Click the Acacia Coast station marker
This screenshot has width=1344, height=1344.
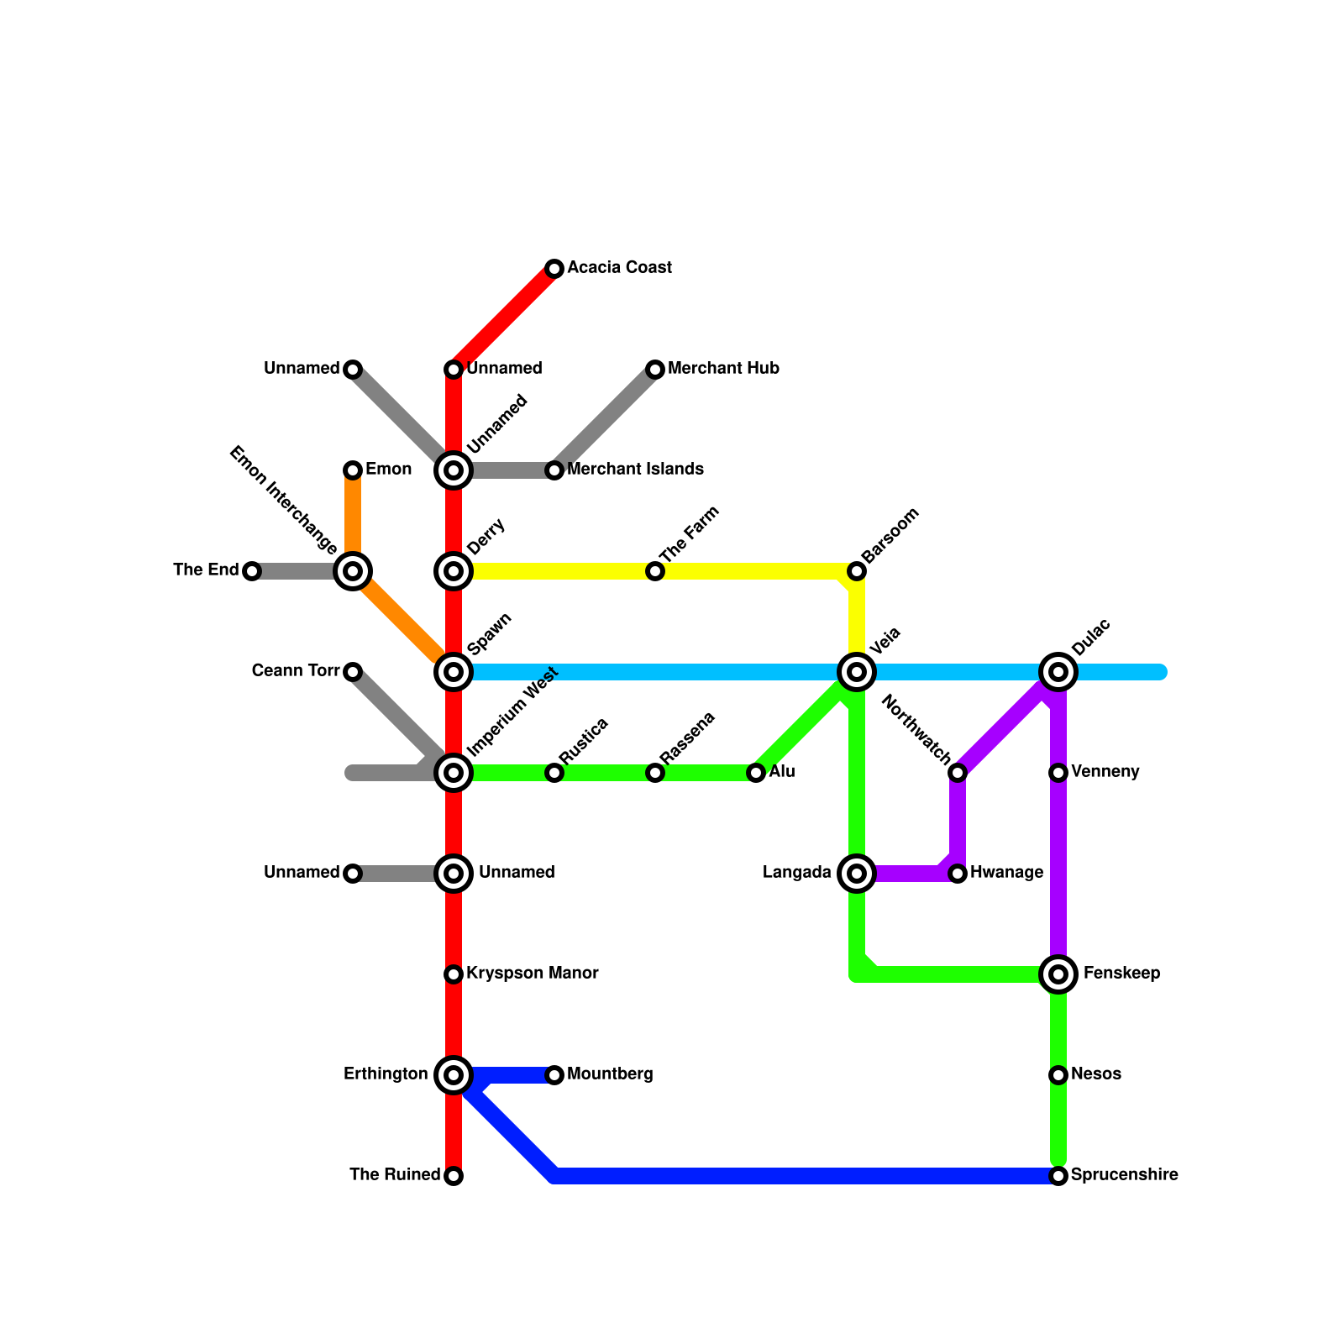click(x=554, y=269)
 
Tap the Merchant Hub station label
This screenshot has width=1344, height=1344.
click(x=723, y=369)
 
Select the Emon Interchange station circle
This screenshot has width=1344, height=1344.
click(x=353, y=571)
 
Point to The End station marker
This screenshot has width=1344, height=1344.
click(x=252, y=571)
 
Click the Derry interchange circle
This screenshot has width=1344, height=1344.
click(x=454, y=571)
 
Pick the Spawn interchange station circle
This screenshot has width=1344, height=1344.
click(x=454, y=672)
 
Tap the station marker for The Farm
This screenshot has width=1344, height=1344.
click(x=655, y=571)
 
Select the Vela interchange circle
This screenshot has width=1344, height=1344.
click(x=857, y=672)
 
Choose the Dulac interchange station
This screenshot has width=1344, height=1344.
click(x=1058, y=672)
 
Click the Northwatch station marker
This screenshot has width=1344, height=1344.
click(x=958, y=773)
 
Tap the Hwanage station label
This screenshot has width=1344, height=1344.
click(x=1006, y=873)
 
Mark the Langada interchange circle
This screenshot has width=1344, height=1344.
click(x=857, y=874)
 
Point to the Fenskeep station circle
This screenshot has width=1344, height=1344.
click(x=1058, y=974)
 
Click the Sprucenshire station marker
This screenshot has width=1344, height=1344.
click(x=1058, y=1176)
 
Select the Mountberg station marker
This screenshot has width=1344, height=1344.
click(x=554, y=1075)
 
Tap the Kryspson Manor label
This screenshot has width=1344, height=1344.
click(x=532, y=974)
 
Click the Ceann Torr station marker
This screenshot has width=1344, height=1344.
click(x=353, y=672)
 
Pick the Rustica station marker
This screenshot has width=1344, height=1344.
click(x=554, y=773)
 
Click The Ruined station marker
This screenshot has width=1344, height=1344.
click(x=454, y=1176)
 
